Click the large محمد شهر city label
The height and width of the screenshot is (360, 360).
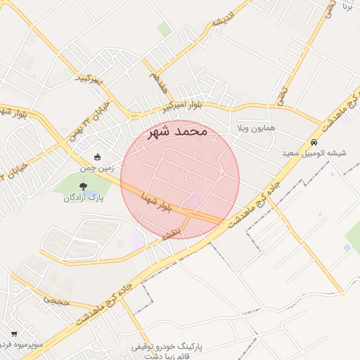(x=179, y=131)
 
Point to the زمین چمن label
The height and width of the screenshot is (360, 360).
(x=96, y=169)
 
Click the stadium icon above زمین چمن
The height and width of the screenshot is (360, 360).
(x=97, y=157)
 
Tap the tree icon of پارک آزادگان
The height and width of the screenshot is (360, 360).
(x=84, y=186)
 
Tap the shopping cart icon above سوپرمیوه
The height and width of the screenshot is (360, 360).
(x=13, y=333)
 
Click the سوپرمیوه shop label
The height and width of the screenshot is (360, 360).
(x=21, y=345)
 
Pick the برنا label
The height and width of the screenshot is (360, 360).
(x=347, y=6)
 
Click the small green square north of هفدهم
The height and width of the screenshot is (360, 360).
(x=165, y=30)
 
